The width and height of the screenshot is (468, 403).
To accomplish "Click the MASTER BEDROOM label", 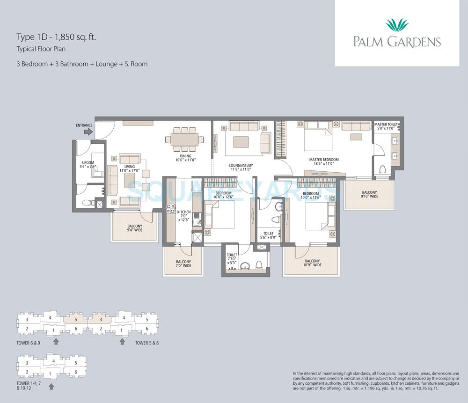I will click(323, 160).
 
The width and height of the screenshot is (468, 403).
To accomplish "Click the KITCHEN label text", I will click(183, 212).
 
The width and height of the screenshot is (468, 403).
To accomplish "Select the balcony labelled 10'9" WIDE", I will click(312, 263).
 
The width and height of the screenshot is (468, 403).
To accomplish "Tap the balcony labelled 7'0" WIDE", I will click(183, 264).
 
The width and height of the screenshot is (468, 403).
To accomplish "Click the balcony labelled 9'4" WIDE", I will click(134, 228).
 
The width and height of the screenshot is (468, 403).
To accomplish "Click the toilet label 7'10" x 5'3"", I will click(232, 258).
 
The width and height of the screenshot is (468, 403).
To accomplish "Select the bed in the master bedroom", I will click(318, 137).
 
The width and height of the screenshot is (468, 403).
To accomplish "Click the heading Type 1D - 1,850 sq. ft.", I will click(56, 37).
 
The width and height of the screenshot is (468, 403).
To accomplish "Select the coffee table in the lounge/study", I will click(241, 141).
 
